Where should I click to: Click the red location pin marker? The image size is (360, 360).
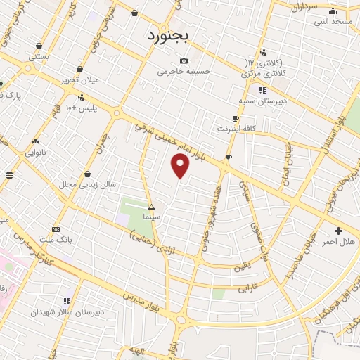(x=181, y=166)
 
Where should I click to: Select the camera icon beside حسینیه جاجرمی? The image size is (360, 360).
(x=184, y=60)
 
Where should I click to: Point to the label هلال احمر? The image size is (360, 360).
(x=338, y=242)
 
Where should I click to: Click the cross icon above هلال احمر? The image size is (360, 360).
(x=338, y=231)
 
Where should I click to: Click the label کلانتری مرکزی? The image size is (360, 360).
(x=262, y=73)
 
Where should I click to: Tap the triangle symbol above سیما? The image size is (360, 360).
(x=151, y=207)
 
